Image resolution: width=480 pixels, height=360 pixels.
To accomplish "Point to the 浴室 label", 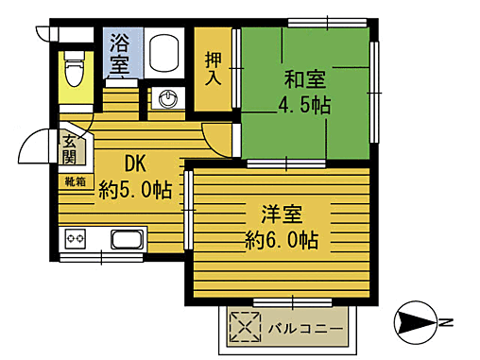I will click(x=119, y=53).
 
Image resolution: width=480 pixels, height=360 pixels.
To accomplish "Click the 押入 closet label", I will click(x=214, y=67).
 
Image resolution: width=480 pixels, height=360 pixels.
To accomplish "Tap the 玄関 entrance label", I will click(x=71, y=150).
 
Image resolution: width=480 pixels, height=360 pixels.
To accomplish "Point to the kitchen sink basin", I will click(x=128, y=237).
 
